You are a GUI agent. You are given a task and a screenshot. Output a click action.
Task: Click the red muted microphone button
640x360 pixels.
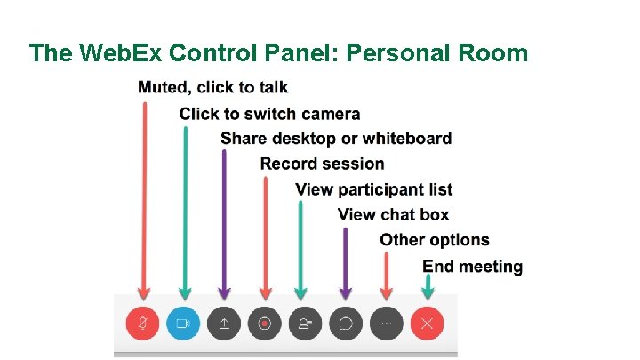coord(142,324)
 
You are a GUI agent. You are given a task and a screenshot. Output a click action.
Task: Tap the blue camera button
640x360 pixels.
coord(184,324)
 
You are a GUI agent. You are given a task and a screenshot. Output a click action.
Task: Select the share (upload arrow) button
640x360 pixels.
coord(224,324)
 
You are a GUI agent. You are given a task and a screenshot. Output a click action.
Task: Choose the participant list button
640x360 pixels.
coord(305,324)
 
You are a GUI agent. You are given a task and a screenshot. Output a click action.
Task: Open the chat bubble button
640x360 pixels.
coord(346,324)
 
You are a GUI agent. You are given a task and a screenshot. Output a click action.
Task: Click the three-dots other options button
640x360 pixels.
coord(386,324)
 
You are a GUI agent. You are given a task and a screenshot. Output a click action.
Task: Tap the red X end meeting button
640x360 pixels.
coord(427,324)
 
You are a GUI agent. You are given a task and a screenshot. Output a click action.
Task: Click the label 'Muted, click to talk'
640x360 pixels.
coord(213,87)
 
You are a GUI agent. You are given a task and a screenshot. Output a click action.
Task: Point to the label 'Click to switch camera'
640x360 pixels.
coord(270,113)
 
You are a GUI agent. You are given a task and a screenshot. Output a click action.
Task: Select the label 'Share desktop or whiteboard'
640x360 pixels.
coord(336,138)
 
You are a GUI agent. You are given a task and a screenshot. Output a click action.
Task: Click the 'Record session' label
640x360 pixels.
coord(323,164)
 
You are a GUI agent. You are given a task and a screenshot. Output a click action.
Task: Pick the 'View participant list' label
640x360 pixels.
coord(373,189)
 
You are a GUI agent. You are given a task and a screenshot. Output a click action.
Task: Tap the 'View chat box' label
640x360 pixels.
coord(393,214)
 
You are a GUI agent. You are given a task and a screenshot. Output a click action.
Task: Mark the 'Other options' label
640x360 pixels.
coord(435,240)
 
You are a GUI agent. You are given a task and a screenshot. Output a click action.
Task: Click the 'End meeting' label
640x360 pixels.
coord(472,267)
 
